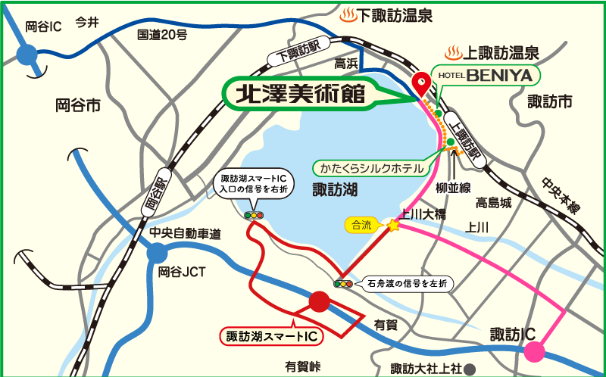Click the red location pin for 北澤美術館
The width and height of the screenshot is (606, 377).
coord(420,81)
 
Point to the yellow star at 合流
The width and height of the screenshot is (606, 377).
coord(392,225)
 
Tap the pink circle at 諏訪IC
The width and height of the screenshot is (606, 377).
coord(534,351)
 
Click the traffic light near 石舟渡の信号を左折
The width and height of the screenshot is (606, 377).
coord(343,284)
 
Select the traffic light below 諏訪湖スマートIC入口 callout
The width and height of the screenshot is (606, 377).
coord(253,216)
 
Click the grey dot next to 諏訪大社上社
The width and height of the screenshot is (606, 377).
coord(470,369)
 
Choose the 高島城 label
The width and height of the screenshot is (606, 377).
coord(494,202)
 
